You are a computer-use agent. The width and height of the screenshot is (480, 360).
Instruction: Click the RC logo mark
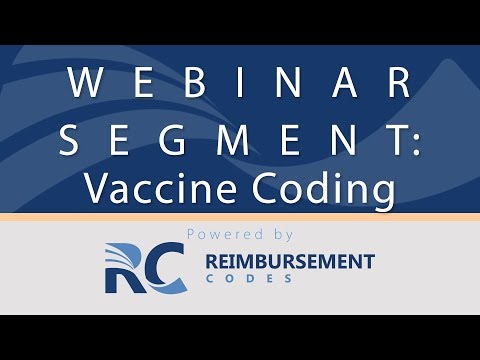[x=143, y=268]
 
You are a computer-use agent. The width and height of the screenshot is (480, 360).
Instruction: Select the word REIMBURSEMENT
[x=290, y=262]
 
